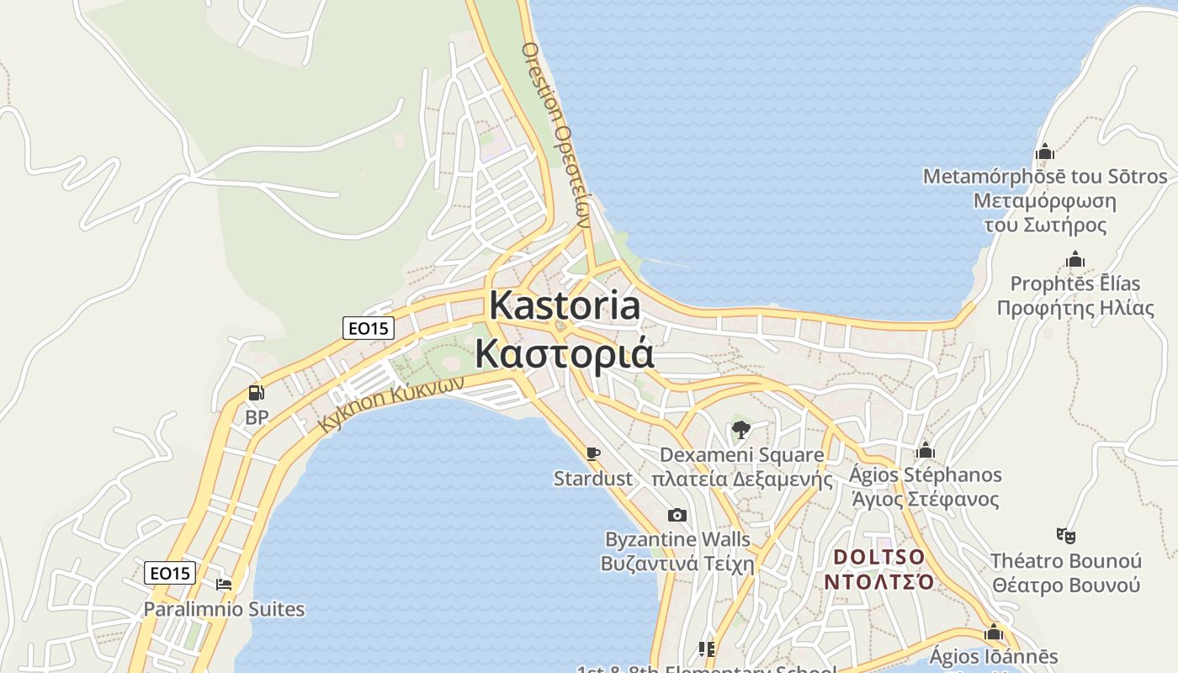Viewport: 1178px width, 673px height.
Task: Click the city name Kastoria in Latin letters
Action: point(565,305)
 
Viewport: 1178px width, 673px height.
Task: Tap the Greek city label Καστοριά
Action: point(564,353)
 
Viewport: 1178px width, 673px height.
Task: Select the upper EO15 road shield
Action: point(369,328)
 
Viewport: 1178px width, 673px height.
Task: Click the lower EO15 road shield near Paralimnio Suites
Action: point(170,574)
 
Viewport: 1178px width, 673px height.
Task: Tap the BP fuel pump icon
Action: point(256,392)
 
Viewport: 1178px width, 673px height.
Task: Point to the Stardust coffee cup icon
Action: point(593,454)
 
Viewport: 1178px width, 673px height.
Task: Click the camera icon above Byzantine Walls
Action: point(677,515)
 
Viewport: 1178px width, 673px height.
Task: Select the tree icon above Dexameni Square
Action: point(740,431)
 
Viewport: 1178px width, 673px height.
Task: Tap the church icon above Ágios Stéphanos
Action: point(926,450)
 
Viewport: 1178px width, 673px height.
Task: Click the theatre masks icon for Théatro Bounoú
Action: point(1066,535)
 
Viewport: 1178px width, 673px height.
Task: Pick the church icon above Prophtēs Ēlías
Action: point(1075,259)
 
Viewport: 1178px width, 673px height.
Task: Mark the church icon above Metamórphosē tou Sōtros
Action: point(1045,151)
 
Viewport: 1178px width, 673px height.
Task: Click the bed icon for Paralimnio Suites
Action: point(224,584)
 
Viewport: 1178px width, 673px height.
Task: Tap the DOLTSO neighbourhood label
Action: point(878,557)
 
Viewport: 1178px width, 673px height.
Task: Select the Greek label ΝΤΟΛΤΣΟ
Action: point(878,582)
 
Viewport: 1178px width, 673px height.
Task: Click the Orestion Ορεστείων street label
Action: point(555,135)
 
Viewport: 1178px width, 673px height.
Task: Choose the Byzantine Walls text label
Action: point(677,539)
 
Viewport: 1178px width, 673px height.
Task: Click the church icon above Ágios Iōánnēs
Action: point(994,632)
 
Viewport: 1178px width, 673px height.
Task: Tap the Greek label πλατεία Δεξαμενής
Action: point(741,480)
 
